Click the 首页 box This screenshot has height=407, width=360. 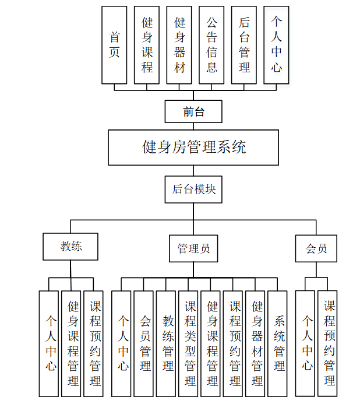tap(115, 45)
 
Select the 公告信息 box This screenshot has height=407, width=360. tap(211, 45)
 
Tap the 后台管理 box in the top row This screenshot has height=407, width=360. tap(244, 45)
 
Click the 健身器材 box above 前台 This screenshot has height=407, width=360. tap(179, 45)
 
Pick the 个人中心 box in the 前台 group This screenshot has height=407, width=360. tap(276, 45)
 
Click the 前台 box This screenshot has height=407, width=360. tap(193, 111)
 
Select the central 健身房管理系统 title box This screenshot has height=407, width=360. tap(193, 147)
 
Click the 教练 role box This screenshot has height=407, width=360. tap(71, 247)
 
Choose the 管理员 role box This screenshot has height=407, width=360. tap(193, 249)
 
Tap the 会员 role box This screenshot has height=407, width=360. tap(316, 249)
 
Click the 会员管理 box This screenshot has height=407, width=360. tap(144, 343)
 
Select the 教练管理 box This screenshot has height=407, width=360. tap(168, 343)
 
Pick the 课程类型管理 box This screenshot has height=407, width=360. tap(190, 343)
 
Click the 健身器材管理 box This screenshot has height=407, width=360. tap(257, 343)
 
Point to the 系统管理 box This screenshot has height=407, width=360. tap(278, 343)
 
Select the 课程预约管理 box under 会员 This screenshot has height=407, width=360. tap(329, 343)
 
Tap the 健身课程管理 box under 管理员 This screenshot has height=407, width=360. tap(212, 343)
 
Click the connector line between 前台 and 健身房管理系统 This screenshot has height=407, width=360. tap(193, 126)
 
